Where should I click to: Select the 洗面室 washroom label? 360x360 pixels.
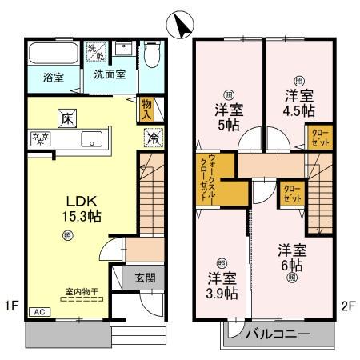pos(103,74)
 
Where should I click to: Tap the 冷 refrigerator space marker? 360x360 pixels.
pos(151,137)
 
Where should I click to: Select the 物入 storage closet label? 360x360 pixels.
pos(146,108)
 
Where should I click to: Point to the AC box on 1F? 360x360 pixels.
pos(37,312)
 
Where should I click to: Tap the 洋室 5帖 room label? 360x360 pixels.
pos(228,118)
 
